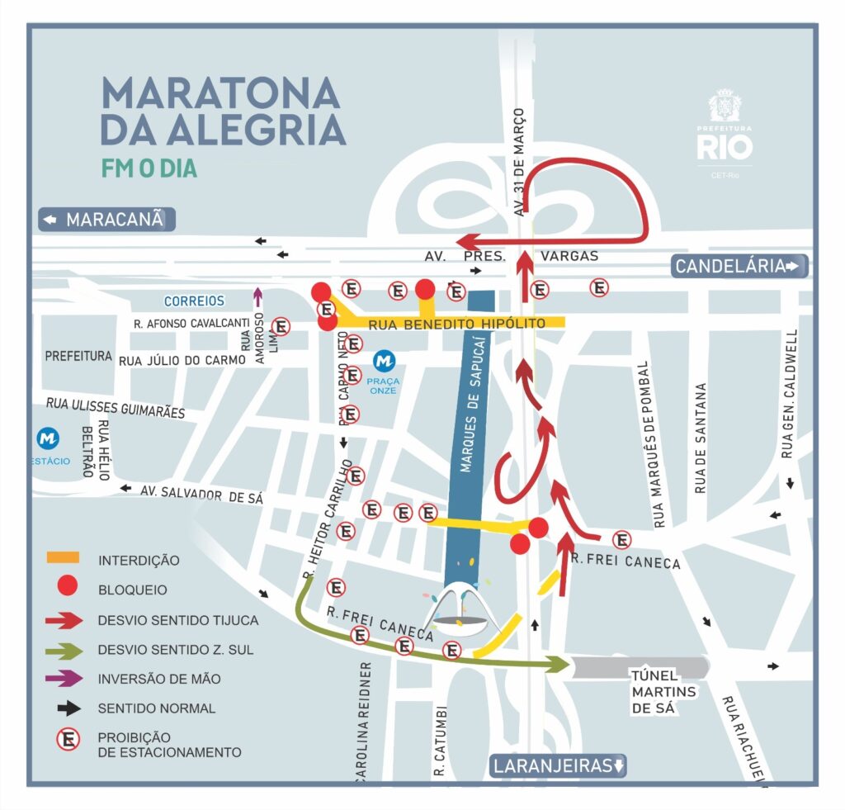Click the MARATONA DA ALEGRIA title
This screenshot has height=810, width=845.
click(221, 111)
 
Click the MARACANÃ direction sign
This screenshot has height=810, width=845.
click(107, 220)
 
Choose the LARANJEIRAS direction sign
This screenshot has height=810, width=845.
click(559, 765)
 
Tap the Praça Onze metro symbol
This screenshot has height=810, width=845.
click(383, 361)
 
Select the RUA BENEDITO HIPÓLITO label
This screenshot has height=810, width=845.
click(456, 324)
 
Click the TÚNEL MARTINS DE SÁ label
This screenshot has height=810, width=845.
click(663, 691)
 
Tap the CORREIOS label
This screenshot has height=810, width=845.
click(194, 301)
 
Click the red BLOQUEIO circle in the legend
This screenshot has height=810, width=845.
click(67, 589)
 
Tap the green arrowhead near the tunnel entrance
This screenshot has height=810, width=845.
click(560, 664)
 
